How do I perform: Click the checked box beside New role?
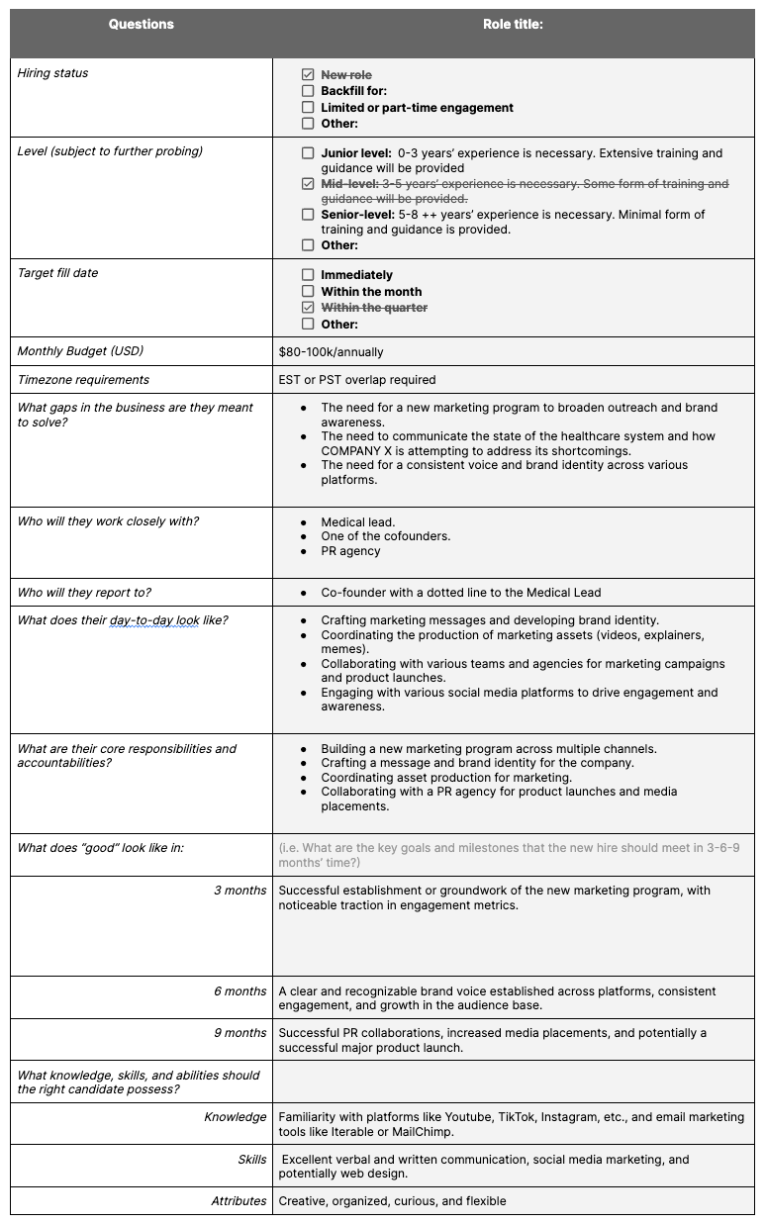tap(308, 75)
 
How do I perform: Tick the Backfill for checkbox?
tap(308, 91)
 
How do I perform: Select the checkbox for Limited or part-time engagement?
tap(308, 108)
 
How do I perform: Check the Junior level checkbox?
tap(308, 153)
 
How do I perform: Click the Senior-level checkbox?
tap(308, 214)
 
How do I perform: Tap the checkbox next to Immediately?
tap(308, 275)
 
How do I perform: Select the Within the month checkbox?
tap(308, 292)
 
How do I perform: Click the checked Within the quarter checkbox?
tap(308, 308)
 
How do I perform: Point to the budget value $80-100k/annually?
tap(331, 351)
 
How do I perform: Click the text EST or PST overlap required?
tap(356, 380)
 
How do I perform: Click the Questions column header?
tap(141, 25)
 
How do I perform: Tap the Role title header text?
tap(513, 25)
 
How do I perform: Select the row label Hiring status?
tap(52, 73)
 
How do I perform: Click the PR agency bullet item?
tap(350, 551)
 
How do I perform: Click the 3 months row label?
tap(239, 891)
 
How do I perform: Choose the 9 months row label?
tap(239, 1033)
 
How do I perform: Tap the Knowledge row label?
tap(235, 1117)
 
